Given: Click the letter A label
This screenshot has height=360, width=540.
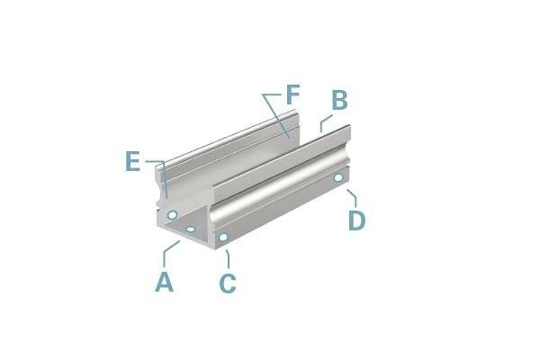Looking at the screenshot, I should (163, 282).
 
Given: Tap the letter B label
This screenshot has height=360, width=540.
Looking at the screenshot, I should (338, 101).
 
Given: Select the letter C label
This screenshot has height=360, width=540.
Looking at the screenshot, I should (228, 283).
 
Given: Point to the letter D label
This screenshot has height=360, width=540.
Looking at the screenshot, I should (357, 220).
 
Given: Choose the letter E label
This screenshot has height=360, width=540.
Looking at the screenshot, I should (133, 162).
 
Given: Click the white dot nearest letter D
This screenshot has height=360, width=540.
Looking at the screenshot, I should (338, 178).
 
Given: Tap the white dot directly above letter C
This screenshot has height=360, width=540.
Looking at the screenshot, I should (222, 238).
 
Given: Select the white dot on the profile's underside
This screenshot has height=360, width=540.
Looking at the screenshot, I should (191, 230).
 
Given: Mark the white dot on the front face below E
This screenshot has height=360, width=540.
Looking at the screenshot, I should (171, 215).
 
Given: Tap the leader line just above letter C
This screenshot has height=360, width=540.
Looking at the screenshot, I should (226, 258).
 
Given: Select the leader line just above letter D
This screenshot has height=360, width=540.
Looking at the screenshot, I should (352, 195).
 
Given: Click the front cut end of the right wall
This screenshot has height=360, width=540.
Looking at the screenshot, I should (217, 216).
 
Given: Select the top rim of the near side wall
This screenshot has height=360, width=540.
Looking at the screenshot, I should (279, 151).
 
